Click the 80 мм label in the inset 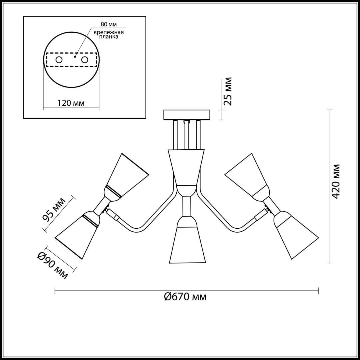coord(109,24)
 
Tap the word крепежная coord(109,32)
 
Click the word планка coord(109,37)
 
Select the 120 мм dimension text coord(71,103)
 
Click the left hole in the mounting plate coord(59,60)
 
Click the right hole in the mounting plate coord(85,60)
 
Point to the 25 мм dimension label coord(228,91)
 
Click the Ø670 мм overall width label coord(185,296)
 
